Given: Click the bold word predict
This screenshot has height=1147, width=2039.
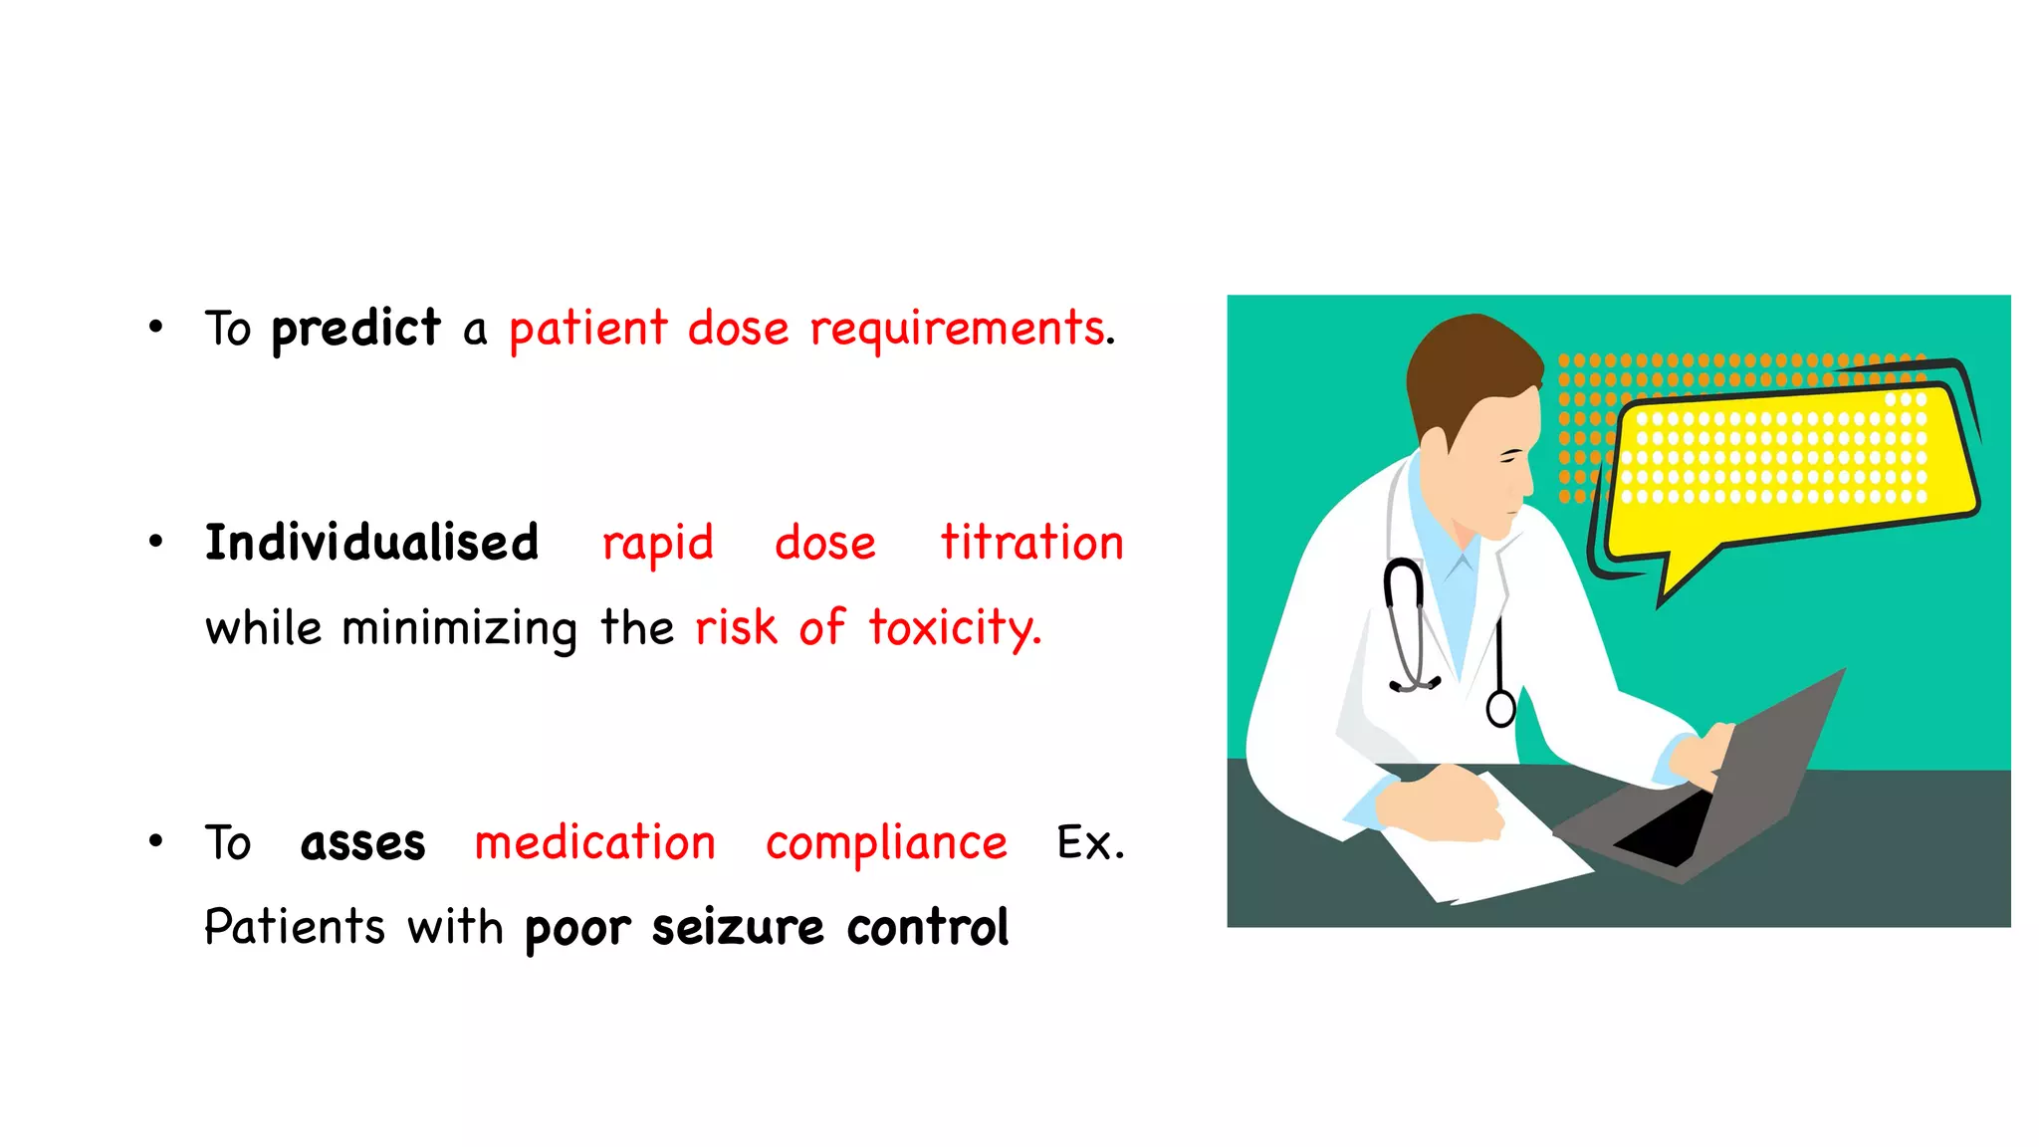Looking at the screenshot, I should (355, 329).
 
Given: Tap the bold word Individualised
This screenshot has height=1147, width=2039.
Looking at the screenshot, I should (371, 544).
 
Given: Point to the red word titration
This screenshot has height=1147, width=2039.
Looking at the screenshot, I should (1031, 544).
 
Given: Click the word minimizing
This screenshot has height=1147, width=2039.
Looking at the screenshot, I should (459, 629).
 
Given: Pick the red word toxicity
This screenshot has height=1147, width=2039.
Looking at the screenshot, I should (954, 629).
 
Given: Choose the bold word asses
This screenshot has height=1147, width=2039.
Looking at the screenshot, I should (362, 843).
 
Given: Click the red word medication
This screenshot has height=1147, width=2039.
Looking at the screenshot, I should (594, 843).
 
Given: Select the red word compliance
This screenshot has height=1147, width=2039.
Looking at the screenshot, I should (886, 843).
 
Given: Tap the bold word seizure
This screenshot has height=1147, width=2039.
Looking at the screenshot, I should (738, 928).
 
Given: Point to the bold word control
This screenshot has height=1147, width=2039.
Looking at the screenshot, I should (928, 928).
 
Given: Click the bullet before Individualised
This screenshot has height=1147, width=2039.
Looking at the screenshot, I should (155, 542).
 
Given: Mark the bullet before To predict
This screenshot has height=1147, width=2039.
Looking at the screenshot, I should (155, 327).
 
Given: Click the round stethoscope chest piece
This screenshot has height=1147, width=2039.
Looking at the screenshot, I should (1500, 708).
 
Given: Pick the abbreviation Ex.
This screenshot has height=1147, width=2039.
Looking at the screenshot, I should (1090, 843).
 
